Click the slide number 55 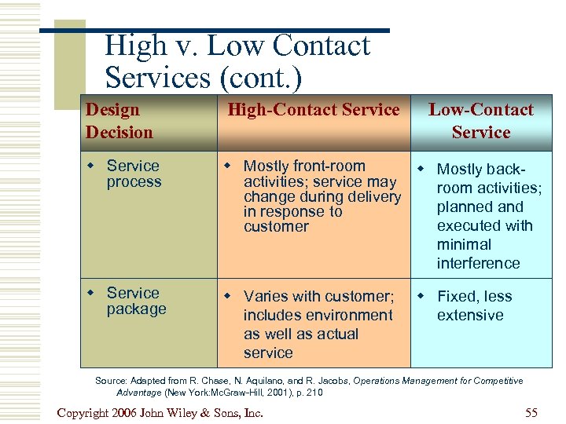pyautogui.click(x=531, y=412)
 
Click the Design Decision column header pyautogui.click(x=119, y=121)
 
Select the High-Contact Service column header pyautogui.click(x=313, y=110)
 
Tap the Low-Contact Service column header pyautogui.click(x=480, y=121)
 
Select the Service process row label pyautogui.click(x=133, y=174)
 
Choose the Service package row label pyautogui.click(x=136, y=301)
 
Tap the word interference pyautogui.click(x=478, y=263)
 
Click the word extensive pyautogui.click(x=470, y=315)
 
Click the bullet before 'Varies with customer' pyautogui.click(x=228, y=296)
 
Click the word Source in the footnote pyautogui.click(x=111, y=381)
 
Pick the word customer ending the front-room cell pyautogui.click(x=276, y=226)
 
